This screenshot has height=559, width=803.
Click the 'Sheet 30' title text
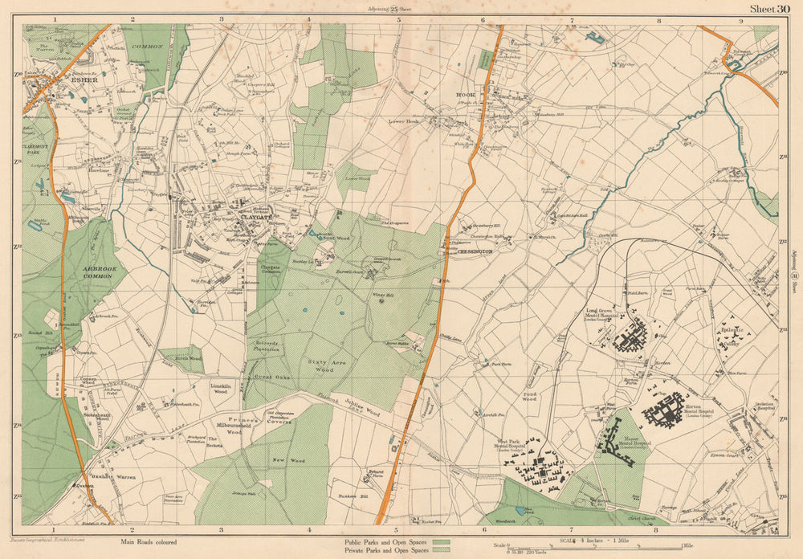pyautogui.click(x=769, y=9)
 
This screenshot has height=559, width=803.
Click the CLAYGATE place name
pyautogui.click(x=246, y=216)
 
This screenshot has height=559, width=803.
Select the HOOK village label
pyautogui.click(x=466, y=95)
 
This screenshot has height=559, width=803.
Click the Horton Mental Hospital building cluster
pyautogui.click(x=665, y=408)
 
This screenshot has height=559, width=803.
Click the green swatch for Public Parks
pyautogui.click(x=440, y=543)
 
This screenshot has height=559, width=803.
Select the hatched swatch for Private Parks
pyautogui.click(x=440, y=551)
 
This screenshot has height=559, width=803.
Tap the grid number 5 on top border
pyautogui.click(x=398, y=18)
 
